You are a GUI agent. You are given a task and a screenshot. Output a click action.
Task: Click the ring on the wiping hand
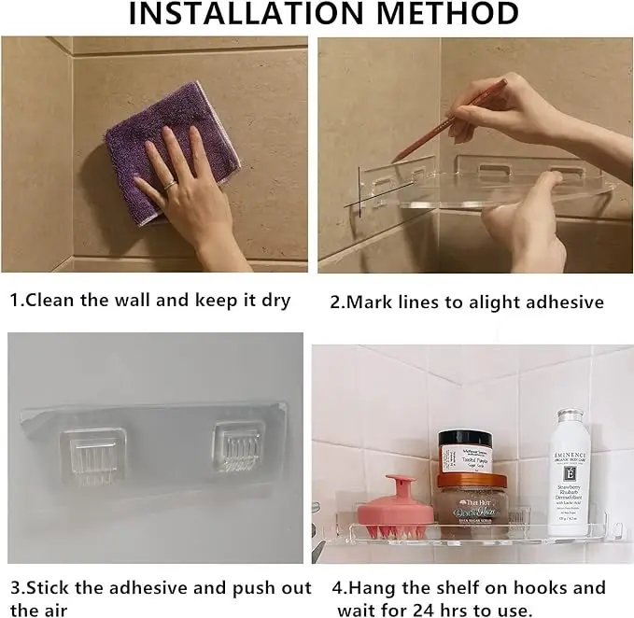(x=170, y=186)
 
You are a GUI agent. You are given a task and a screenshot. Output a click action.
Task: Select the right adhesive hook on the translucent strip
(x=238, y=447)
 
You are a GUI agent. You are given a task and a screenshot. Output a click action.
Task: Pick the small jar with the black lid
(x=466, y=452)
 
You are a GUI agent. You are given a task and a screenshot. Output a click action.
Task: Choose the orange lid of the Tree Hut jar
(x=472, y=482)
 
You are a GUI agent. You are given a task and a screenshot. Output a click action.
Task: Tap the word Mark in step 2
(x=371, y=302)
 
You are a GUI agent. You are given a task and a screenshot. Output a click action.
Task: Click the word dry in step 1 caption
(x=274, y=301)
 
